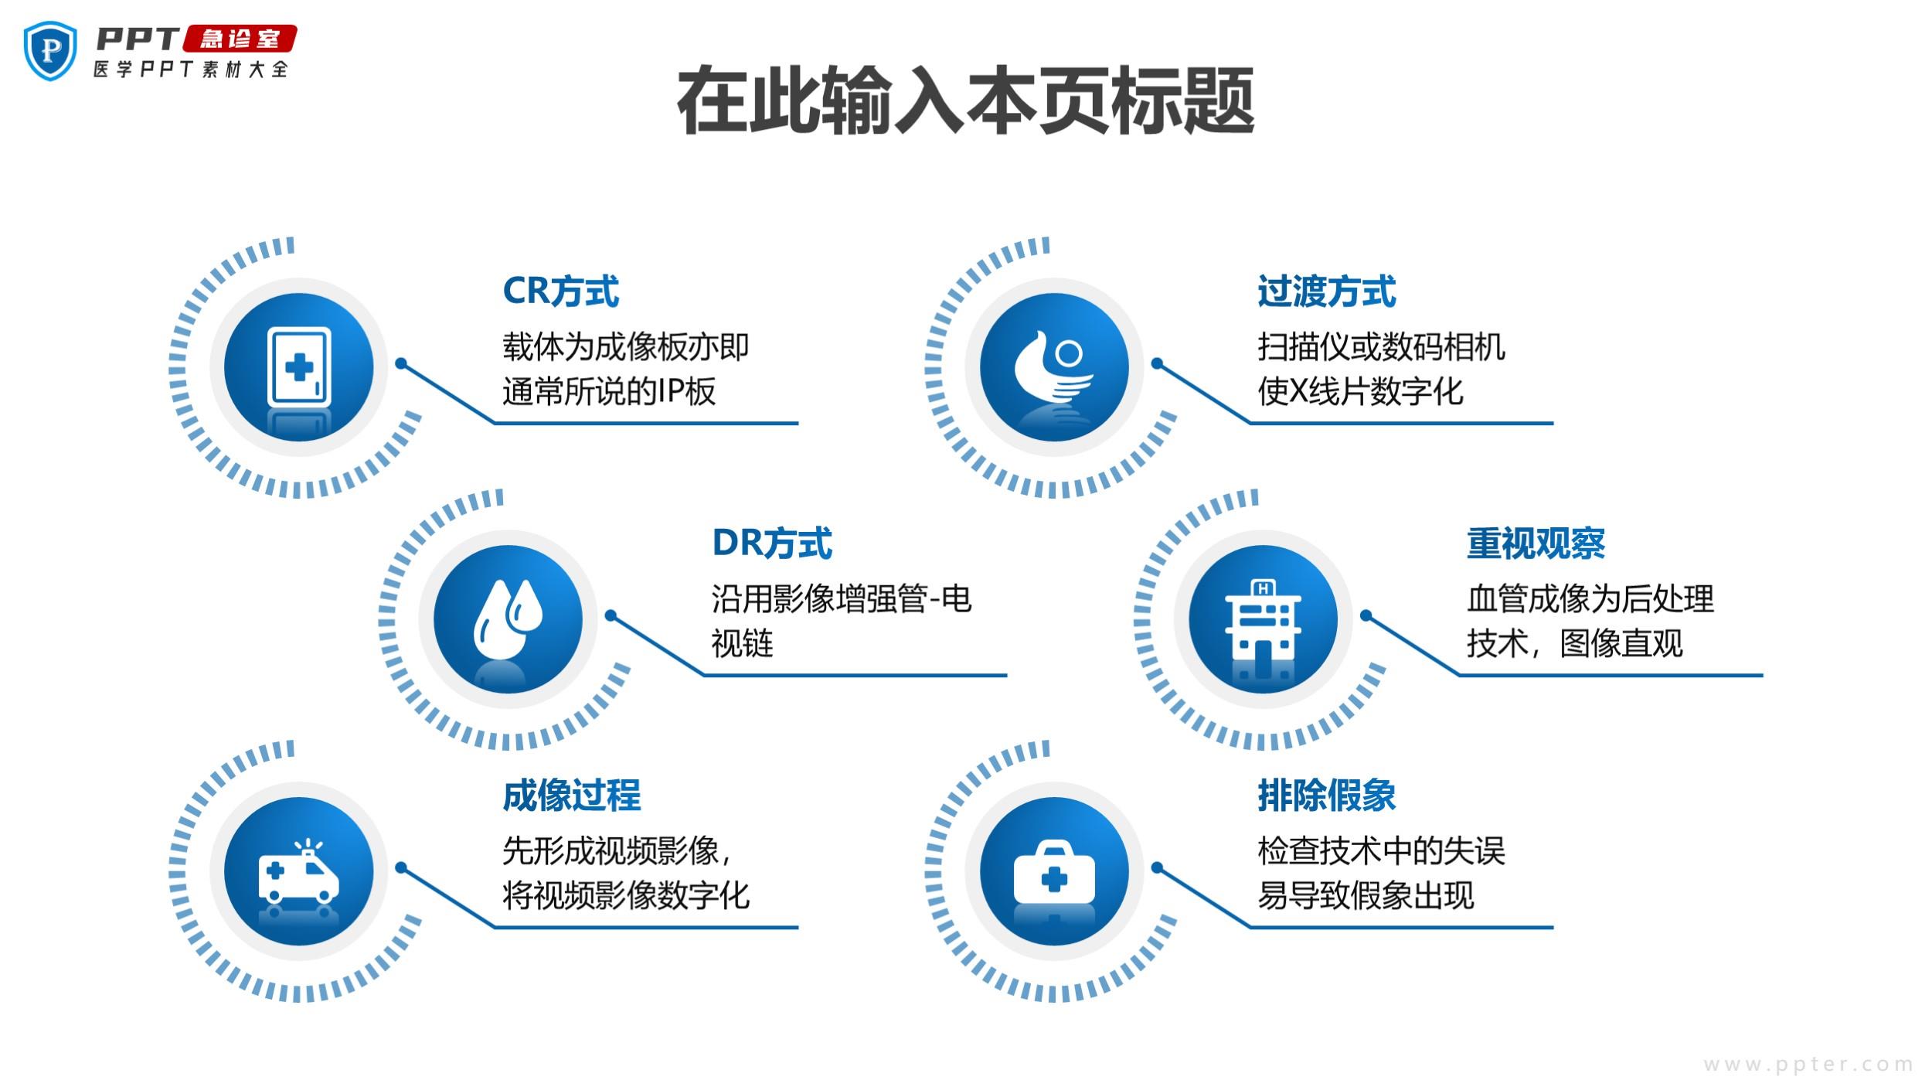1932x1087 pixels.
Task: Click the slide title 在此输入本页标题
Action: click(965, 101)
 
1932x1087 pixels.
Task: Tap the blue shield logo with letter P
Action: click(51, 51)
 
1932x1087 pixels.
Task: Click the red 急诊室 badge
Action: click(240, 39)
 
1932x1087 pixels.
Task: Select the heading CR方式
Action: click(560, 291)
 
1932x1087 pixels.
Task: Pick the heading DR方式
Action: click(772, 543)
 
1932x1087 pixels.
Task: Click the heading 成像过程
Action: click(572, 795)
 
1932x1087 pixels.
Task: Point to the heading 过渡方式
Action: click(1326, 291)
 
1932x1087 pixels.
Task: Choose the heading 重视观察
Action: click(1536, 543)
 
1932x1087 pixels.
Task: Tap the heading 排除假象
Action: click(1326, 795)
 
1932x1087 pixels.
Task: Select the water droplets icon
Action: click(508, 618)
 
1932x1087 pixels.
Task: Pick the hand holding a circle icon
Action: click(1054, 367)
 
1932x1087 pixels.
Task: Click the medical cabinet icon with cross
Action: click(299, 367)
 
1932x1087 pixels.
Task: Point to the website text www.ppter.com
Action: click(1808, 1064)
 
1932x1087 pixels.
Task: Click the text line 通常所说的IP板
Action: click(609, 391)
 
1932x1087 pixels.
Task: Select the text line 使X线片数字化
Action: click(1360, 391)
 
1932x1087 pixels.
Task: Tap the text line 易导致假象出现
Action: click(1366, 895)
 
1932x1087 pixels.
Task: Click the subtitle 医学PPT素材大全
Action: click(191, 70)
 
